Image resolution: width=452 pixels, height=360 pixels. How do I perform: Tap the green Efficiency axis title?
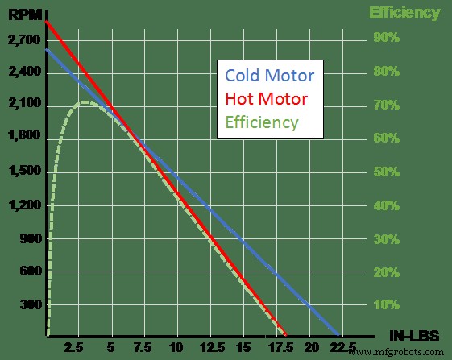404,13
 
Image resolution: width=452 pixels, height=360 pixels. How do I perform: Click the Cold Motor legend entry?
269,76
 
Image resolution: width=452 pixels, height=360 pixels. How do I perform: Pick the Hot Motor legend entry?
267,99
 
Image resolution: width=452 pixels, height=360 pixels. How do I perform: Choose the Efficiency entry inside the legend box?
263,123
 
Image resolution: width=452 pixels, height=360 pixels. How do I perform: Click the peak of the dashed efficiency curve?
85,102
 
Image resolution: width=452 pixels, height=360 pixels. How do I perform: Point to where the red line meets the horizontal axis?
285,334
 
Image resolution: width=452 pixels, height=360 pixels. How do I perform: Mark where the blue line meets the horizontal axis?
337,334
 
